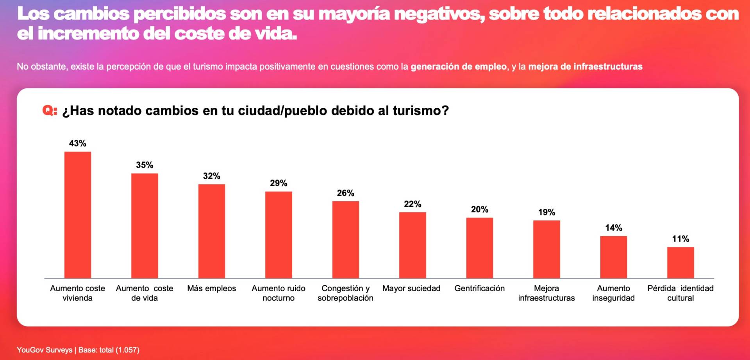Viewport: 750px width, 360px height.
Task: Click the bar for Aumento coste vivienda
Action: point(78,215)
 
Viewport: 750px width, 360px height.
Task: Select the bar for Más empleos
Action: point(211,231)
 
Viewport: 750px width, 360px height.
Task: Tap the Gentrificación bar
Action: point(479,248)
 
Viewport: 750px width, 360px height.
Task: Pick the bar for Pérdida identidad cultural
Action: point(680,262)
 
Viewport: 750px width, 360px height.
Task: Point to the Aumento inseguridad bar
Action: point(613,257)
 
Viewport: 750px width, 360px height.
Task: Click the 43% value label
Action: point(78,143)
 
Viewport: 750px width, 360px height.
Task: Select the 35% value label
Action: point(145,165)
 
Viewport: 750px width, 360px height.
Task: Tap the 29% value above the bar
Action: point(279,183)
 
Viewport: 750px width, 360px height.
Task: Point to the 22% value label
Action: point(412,204)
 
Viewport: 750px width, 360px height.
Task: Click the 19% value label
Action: point(546,212)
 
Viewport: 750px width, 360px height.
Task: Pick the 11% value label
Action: point(680,239)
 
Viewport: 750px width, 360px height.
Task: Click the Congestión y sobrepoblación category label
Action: point(345,293)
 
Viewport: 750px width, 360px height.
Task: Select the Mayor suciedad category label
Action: point(411,288)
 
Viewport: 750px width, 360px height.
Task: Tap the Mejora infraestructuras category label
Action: point(546,293)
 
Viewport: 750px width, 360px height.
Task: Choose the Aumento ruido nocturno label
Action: point(279,293)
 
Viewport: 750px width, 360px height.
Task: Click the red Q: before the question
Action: point(50,111)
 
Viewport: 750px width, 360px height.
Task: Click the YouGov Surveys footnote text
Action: point(45,350)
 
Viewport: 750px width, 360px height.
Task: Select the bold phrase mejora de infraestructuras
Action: point(585,66)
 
